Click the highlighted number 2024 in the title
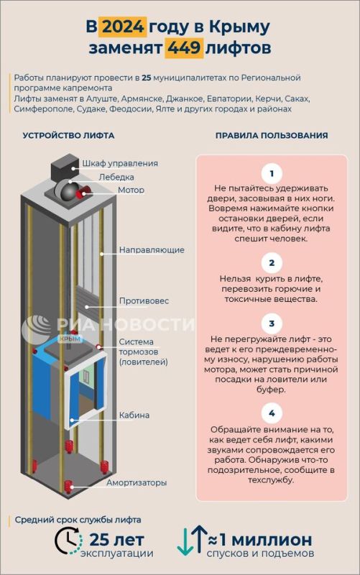click(122, 27)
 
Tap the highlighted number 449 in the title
click(184, 48)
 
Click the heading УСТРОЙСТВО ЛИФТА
click(68, 135)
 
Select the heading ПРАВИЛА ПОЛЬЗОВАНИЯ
click(272, 135)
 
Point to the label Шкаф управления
click(120, 163)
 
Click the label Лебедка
click(116, 177)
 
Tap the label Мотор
click(131, 190)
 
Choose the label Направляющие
click(152, 250)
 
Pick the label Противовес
click(144, 301)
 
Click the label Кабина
click(134, 415)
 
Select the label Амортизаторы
click(137, 482)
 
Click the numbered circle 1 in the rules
click(272, 173)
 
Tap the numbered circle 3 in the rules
click(272, 324)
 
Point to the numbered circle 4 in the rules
click(272, 413)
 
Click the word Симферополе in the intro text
click(44, 109)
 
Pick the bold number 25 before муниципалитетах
click(147, 78)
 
